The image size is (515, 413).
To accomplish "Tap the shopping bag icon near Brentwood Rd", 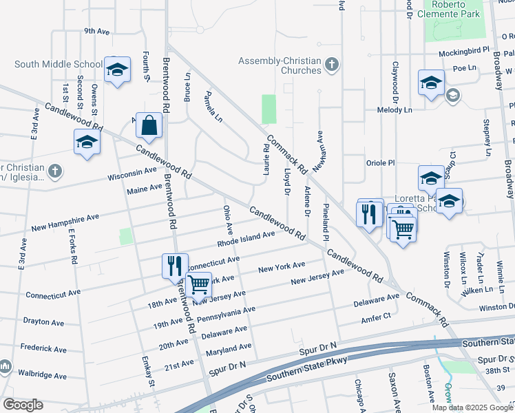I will point(149,126).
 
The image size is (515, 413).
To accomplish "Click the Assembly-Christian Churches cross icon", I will point(332,65).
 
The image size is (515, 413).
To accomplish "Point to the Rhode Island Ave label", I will point(246,238).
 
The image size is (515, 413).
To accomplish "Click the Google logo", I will point(23,405).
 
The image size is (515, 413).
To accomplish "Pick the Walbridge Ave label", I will point(43,376).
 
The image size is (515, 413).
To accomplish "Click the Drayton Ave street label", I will point(43,321).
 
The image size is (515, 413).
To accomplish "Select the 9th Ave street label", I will point(97,32).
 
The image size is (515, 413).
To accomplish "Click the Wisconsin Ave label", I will point(132,173).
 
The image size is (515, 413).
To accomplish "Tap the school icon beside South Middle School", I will point(118,70).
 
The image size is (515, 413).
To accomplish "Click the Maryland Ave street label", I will point(229,350).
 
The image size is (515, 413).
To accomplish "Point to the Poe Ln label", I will point(465,68).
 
